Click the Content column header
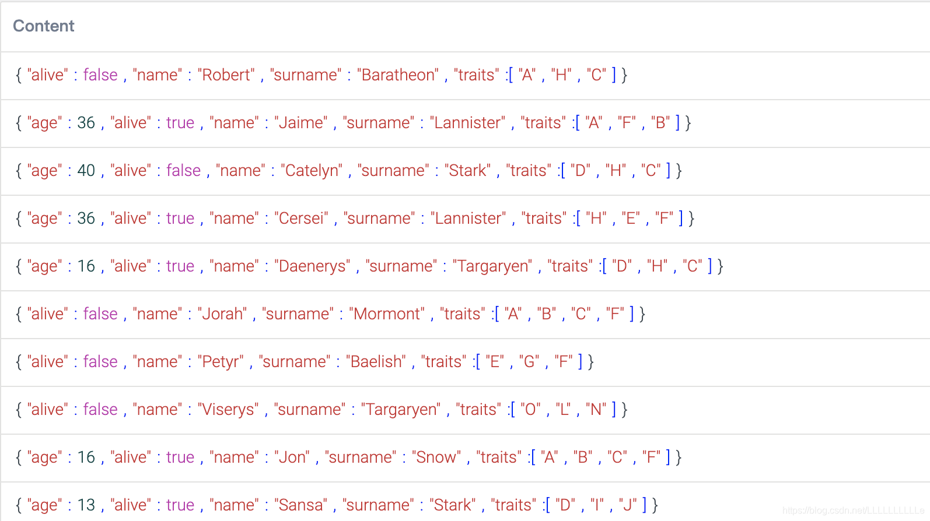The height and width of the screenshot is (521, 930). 44,26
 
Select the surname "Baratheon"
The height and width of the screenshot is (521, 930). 398,75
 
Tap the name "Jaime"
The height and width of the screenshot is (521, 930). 301,123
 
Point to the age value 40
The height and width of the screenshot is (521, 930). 86,171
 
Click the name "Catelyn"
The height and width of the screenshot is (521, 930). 312,171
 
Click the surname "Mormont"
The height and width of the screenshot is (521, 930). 387,314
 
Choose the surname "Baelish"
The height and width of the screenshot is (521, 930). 376,362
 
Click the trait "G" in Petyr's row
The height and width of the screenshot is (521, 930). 529,362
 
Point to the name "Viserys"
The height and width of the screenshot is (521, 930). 228,410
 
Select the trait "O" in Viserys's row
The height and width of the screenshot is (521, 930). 530,410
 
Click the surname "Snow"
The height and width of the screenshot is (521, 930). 436,457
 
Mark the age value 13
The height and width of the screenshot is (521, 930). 86,505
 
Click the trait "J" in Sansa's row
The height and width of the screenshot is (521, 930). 628,505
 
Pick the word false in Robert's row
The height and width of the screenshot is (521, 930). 100,75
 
